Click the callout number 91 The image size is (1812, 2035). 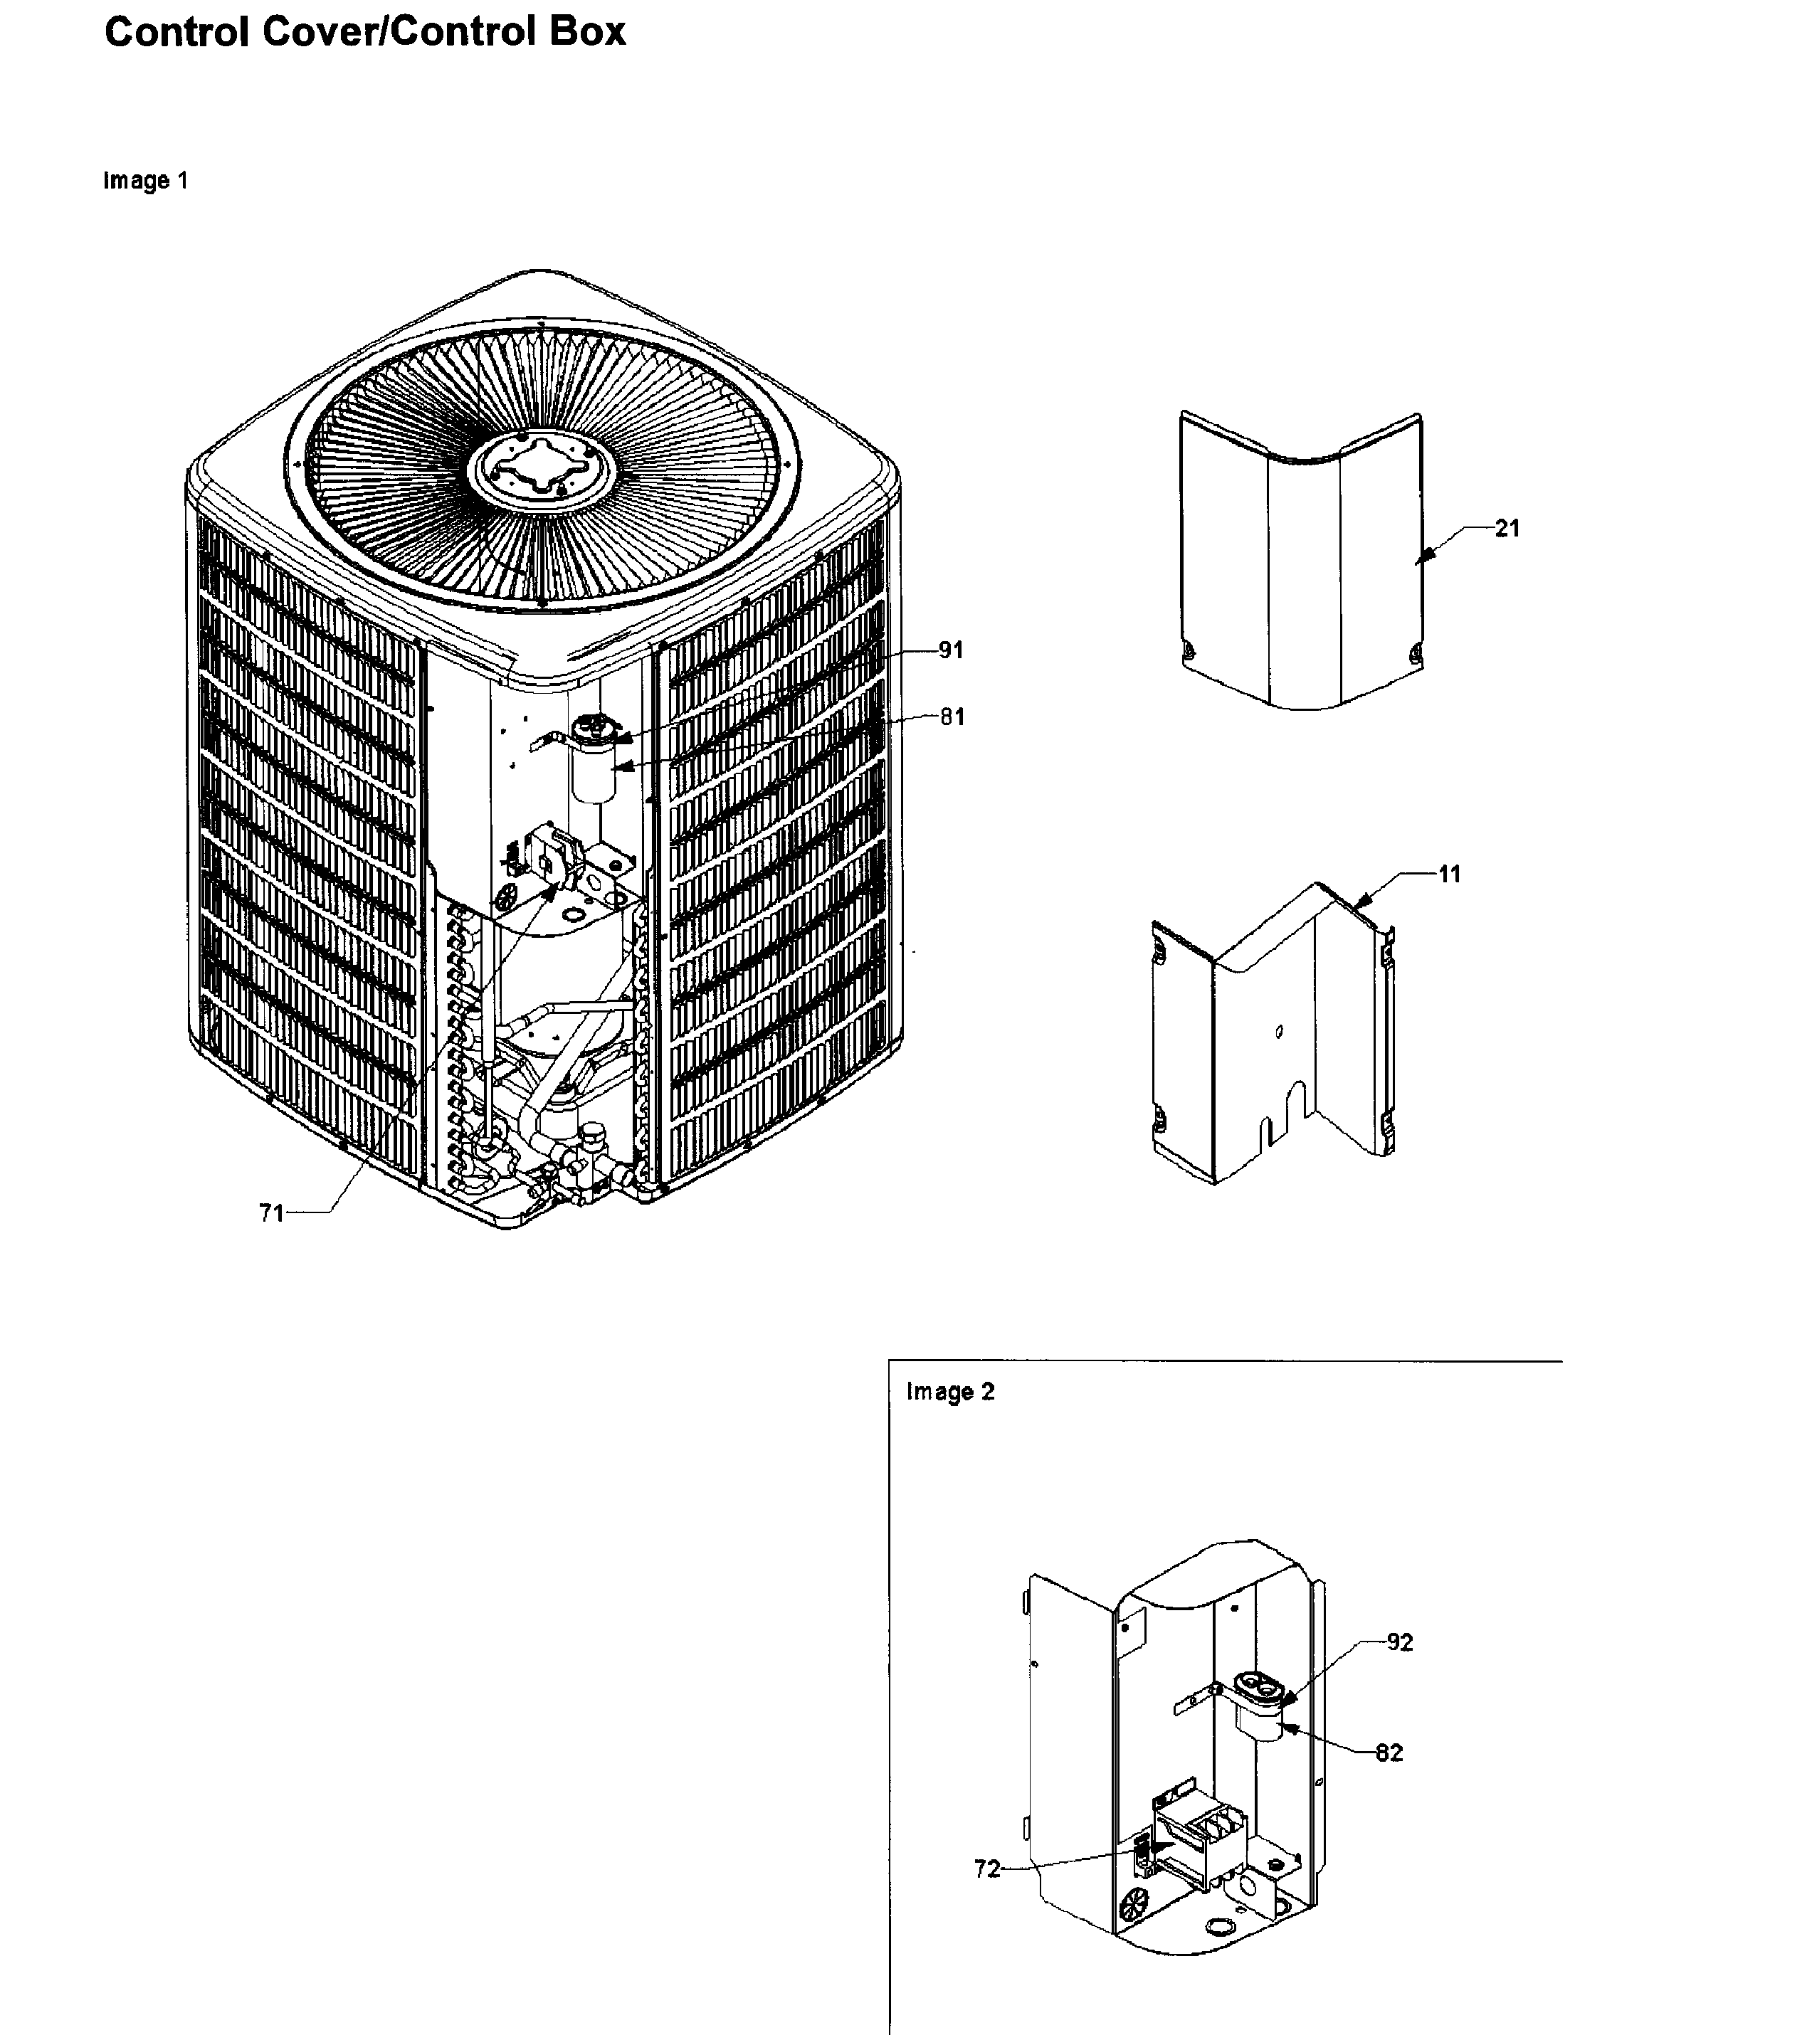[x=950, y=650]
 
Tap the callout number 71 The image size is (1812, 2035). [x=272, y=1212]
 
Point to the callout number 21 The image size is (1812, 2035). [x=1507, y=529]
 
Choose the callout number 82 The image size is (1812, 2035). [x=1389, y=1753]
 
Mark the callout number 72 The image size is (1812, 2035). [x=986, y=1868]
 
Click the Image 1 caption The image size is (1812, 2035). [x=145, y=181]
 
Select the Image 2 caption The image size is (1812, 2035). [x=950, y=1392]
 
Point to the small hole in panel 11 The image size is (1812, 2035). [x=1278, y=1032]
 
